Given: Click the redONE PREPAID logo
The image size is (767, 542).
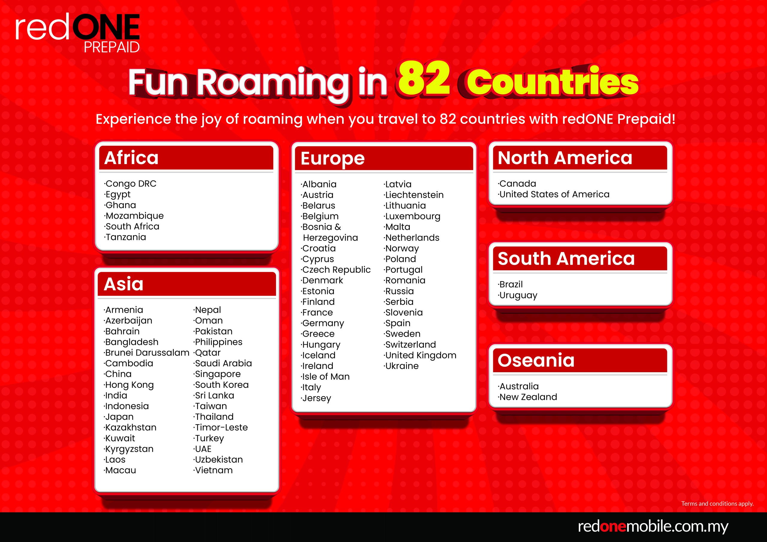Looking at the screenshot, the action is pyautogui.click(x=78, y=33).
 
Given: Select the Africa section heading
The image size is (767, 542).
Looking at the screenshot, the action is pyautogui.click(x=131, y=158).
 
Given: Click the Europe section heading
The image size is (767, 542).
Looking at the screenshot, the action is pyautogui.click(x=332, y=159).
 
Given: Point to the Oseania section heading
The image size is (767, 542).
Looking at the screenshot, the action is pyautogui.click(x=536, y=360).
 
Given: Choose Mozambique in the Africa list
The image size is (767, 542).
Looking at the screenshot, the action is pyautogui.click(x=134, y=216).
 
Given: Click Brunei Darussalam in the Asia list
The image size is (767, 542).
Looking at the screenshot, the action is pyautogui.click(x=147, y=353).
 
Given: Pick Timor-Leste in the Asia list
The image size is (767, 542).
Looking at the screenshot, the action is pyautogui.click(x=221, y=427).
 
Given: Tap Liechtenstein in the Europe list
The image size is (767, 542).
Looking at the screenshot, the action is pyautogui.click(x=413, y=195).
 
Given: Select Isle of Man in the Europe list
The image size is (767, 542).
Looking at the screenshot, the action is pyautogui.click(x=325, y=377).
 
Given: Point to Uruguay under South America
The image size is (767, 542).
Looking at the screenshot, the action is pyautogui.click(x=517, y=296).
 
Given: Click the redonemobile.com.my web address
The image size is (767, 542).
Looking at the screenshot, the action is pyautogui.click(x=653, y=526).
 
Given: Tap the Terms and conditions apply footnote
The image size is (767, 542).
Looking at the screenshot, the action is pyautogui.click(x=717, y=503).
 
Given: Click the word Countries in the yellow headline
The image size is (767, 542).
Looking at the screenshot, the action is pyautogui.click(x=552, y=82).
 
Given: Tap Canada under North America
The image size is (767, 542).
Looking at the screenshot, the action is pyautogui.click(x=517, y=184).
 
